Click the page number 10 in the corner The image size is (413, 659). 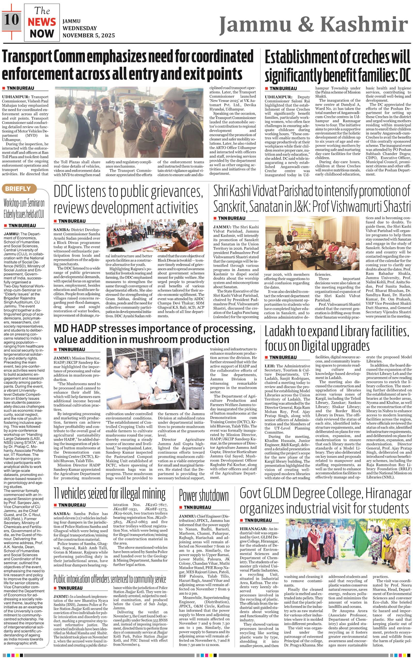coord(11,20)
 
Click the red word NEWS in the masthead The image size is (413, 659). coord(42,22)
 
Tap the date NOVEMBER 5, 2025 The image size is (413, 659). coord(89,35)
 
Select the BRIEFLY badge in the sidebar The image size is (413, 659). coord(18,189)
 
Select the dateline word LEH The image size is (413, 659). coord(269,366)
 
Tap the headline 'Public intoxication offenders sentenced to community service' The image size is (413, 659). coord(109,571)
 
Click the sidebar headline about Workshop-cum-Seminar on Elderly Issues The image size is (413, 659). coord(24,209)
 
